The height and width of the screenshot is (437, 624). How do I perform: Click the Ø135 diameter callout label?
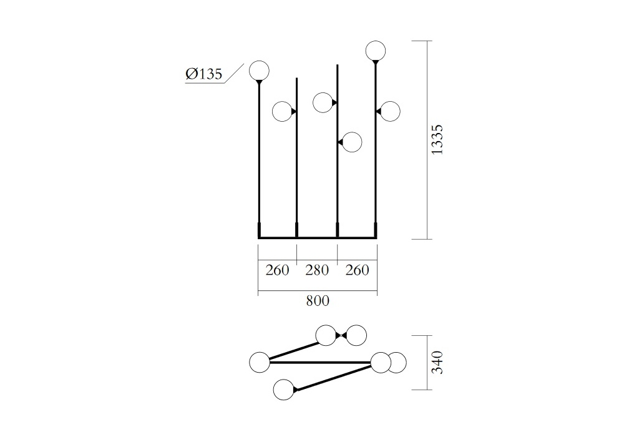pos(204,74)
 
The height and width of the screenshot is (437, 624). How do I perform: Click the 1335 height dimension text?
pos(437,140)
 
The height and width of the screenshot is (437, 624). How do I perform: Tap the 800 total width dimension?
pos(318,301)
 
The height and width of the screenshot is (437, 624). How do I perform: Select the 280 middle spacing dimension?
pos(317,270)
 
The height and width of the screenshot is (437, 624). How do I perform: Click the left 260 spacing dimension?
pos(277,270)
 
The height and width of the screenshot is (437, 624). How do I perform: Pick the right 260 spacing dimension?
pos(358,270)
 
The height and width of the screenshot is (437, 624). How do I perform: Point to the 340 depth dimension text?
pos(437,362)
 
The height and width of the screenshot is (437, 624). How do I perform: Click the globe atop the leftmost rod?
pos(259,71)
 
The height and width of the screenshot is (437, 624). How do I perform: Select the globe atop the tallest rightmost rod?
pos(375,51)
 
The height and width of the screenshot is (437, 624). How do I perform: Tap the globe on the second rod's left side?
pos(283,112)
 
